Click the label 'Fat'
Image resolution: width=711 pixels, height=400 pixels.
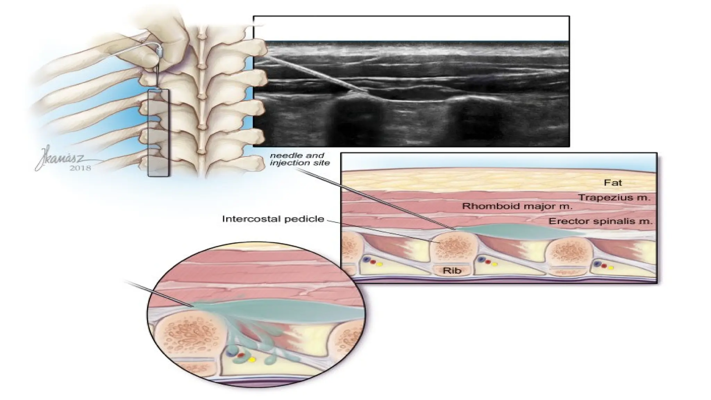click(x=613, y=183)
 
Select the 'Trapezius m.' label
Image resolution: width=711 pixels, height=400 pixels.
click(x=614, y=198)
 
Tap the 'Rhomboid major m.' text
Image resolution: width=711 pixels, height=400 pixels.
click(x=517, y=206)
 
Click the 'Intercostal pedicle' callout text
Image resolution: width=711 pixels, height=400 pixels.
click(x=273, y=219)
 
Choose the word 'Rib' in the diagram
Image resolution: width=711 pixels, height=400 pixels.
click(x=452, y=270)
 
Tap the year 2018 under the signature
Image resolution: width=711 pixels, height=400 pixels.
click(x=80, y=168)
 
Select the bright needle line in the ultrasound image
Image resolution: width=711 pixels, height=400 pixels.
click(x=312, y=75)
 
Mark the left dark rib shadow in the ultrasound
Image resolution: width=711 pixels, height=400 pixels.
click(x=351, y=122)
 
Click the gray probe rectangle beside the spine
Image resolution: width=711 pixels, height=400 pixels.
click(x=158, y=133)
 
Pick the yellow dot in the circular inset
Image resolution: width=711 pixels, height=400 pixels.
click(x=252, y=359)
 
